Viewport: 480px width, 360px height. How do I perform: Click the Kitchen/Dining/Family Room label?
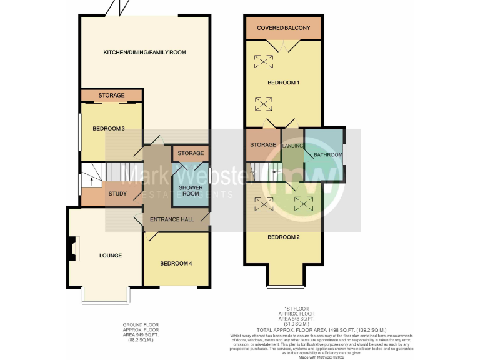[145, 52]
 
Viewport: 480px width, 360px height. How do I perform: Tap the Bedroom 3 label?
[109, 129]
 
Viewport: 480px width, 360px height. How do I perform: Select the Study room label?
[117, 194]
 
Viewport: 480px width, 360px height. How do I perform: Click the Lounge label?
[111, 256]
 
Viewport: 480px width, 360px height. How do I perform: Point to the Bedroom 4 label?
[176, 263]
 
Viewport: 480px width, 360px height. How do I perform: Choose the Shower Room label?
[191, 191]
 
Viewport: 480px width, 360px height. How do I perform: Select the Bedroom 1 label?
[283, 82]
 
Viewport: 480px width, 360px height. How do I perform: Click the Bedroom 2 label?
[283, 237]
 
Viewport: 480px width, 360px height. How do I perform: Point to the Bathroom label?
[328, 155]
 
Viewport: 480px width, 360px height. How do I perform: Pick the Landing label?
[292, 146]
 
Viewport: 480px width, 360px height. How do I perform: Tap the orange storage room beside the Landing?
[263, 144]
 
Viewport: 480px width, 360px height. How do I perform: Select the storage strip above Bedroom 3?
[111, 96]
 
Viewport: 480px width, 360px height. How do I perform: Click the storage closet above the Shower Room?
[191, 153]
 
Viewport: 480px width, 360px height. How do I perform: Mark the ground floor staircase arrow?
[92, 181]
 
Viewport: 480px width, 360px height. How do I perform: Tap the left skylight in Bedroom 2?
[263, 204]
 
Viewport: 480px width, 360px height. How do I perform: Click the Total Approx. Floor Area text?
[321, 329]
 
